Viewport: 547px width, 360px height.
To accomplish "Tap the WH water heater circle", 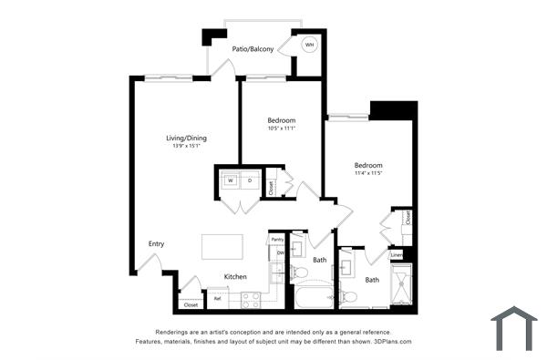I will [309, 45].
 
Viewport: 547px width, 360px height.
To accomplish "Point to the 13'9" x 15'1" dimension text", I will [186, 146].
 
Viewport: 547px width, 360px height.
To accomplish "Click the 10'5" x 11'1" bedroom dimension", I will [281, 129].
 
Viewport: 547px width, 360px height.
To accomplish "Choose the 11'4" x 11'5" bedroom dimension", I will [368, 173].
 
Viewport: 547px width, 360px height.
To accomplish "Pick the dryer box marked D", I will [249, 180].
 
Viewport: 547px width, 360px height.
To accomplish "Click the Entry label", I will [156, 243].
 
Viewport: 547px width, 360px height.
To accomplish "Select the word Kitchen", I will [236, 276].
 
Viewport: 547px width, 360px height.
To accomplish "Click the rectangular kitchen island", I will [222, 246].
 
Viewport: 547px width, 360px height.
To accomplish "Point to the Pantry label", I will [276, 240].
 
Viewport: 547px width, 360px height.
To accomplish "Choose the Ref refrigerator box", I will [217, 297].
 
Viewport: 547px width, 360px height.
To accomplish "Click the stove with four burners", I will [251, 298].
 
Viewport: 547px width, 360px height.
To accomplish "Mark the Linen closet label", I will [397, 255].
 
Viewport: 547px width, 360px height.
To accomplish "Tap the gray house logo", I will [513, 328].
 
